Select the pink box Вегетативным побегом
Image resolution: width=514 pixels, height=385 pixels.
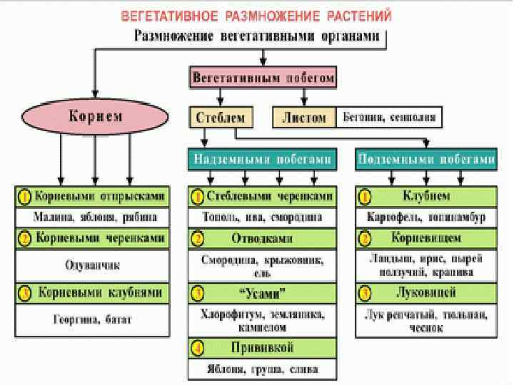[263, 78]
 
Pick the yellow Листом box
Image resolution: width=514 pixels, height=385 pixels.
[303, 117]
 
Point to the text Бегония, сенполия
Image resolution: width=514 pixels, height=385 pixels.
[388, 117]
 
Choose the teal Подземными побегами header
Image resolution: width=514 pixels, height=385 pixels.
[426, 160]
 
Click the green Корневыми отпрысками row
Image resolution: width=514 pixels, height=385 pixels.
[92, 196]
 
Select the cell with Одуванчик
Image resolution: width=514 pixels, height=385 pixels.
[92, 265]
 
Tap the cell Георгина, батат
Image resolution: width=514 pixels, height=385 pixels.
[92, 320]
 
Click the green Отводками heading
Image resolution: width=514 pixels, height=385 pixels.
[263, 238]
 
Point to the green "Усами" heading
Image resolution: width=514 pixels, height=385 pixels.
[263, 292]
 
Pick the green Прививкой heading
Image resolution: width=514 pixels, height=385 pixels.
[263, 347]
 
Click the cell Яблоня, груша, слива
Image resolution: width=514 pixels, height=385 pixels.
[263, 369]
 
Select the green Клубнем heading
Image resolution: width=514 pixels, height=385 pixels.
[426, 196]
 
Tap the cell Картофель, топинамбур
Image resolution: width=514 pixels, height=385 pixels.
[426, 216]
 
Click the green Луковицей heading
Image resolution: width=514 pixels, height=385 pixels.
[426, 292]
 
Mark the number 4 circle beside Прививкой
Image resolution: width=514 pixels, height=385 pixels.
[198, 348]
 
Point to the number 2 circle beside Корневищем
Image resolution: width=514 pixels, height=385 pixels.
[365, 238]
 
